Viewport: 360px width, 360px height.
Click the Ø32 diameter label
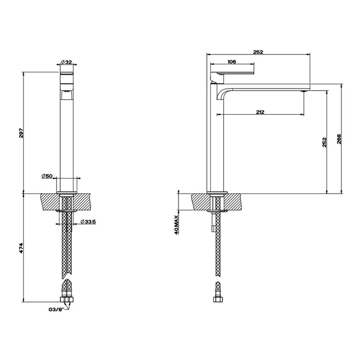click(x=68, y=62)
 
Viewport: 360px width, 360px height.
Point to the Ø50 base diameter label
click(x=48, y=176)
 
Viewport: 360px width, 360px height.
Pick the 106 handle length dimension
click(x=231, y=62)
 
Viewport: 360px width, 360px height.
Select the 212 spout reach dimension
click(x=260, y=113)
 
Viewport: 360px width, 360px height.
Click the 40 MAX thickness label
click(x=176, y=224)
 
